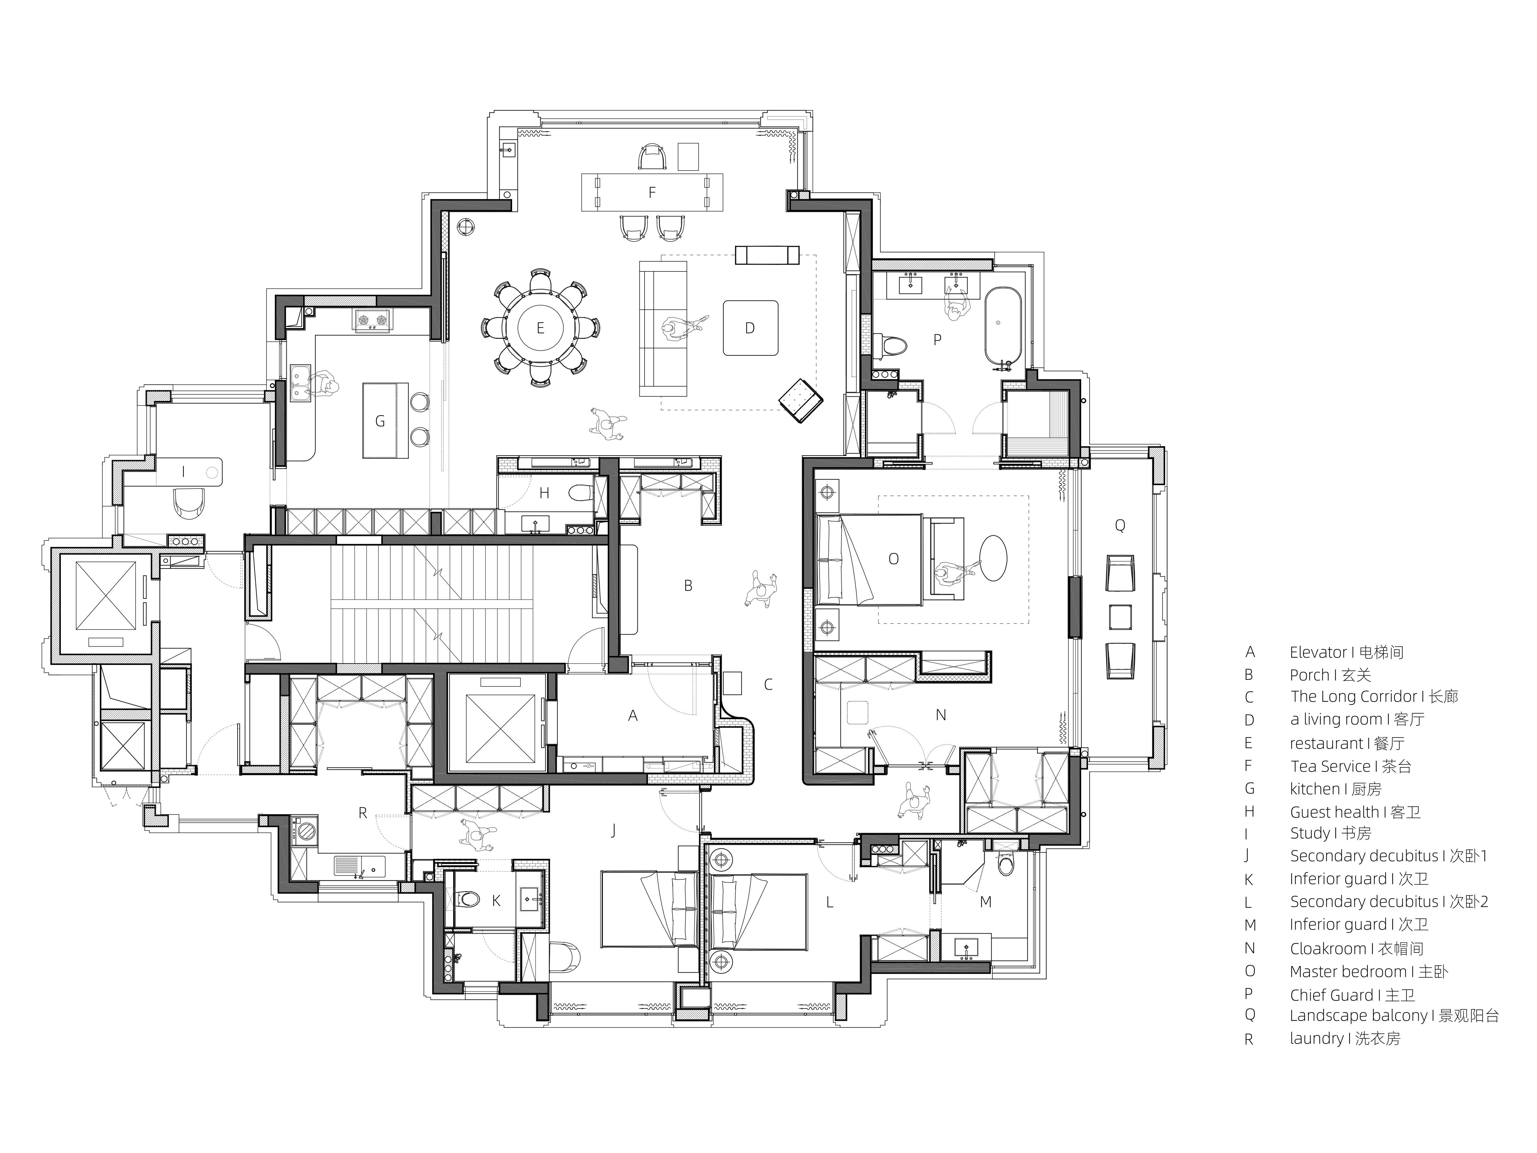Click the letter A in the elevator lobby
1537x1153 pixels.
click(632, 715)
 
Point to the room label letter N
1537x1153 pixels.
click(941, 715)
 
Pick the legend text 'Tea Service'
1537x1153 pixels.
click(1331, 767)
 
